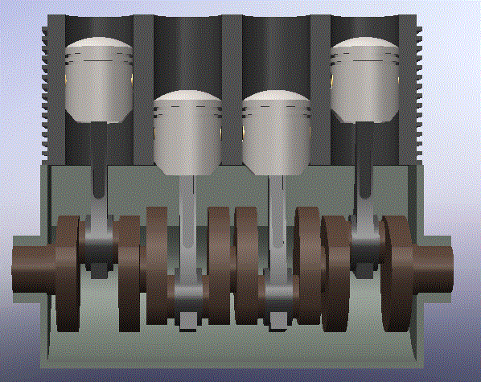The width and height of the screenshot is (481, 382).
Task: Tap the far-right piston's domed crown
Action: coord(364,44)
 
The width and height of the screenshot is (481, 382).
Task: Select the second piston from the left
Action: coord(187,133)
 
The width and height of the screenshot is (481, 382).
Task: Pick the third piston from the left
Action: coord(277,133)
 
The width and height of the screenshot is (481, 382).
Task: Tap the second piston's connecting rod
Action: coord(187,225)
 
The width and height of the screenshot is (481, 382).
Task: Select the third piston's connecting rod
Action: coord(277,225)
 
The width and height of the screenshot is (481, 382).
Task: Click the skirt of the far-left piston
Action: coord(98,97)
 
